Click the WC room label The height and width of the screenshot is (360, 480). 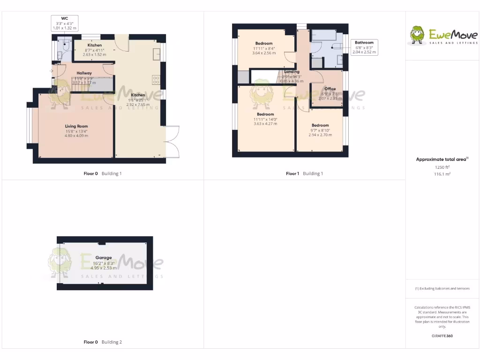(64, 18)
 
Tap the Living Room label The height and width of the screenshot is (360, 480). (76, 126)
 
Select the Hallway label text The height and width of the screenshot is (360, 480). (84, 73)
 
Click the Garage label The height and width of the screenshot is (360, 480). (104, 257)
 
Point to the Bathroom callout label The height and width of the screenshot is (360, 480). (364, 43)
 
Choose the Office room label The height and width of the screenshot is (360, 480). (330, 89)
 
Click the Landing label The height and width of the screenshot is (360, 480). (292, 72)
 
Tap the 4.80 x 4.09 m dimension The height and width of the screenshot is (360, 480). (76, 136)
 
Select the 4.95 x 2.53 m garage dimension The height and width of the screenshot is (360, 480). (104, 268)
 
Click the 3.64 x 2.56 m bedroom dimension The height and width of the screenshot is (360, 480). (264, 53)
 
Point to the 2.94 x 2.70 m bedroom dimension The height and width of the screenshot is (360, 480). (320, 135)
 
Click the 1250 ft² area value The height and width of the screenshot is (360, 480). (442, 167)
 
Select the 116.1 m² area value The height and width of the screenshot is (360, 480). (442, 173)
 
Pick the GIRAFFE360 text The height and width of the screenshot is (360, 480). (442, 336)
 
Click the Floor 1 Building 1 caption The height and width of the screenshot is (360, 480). (304, 173)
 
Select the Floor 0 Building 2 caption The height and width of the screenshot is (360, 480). (103, 342)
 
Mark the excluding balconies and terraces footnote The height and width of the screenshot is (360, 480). (442, 288)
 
